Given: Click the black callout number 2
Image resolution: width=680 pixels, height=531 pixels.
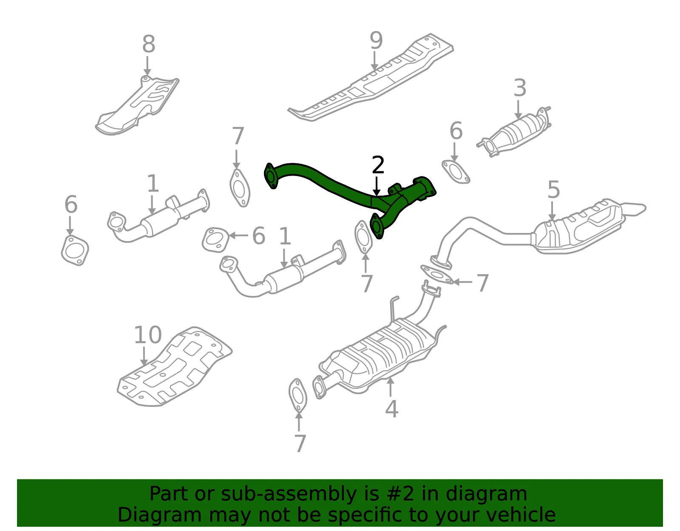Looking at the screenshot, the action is click(x=378, y=165).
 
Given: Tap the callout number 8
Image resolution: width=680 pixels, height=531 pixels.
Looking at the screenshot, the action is click(x=149, y=44).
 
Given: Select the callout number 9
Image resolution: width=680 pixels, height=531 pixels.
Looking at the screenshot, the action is click(x=376, y=40).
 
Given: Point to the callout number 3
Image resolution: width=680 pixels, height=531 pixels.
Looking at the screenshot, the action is click(x=520, y=88).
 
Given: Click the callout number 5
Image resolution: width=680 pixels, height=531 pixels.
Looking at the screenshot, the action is click(x=553, y=190).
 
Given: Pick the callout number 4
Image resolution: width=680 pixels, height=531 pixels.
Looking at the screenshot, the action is click(x=392, y=409).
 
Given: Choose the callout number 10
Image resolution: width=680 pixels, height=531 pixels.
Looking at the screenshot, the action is click(x=148, y=335).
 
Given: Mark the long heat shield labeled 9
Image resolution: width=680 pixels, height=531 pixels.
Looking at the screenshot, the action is click(x=371, y=77).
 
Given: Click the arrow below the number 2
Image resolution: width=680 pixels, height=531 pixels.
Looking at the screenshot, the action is click(x=377, y=187).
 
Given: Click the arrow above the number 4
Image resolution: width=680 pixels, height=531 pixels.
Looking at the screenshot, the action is click(x=391, y=387).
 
